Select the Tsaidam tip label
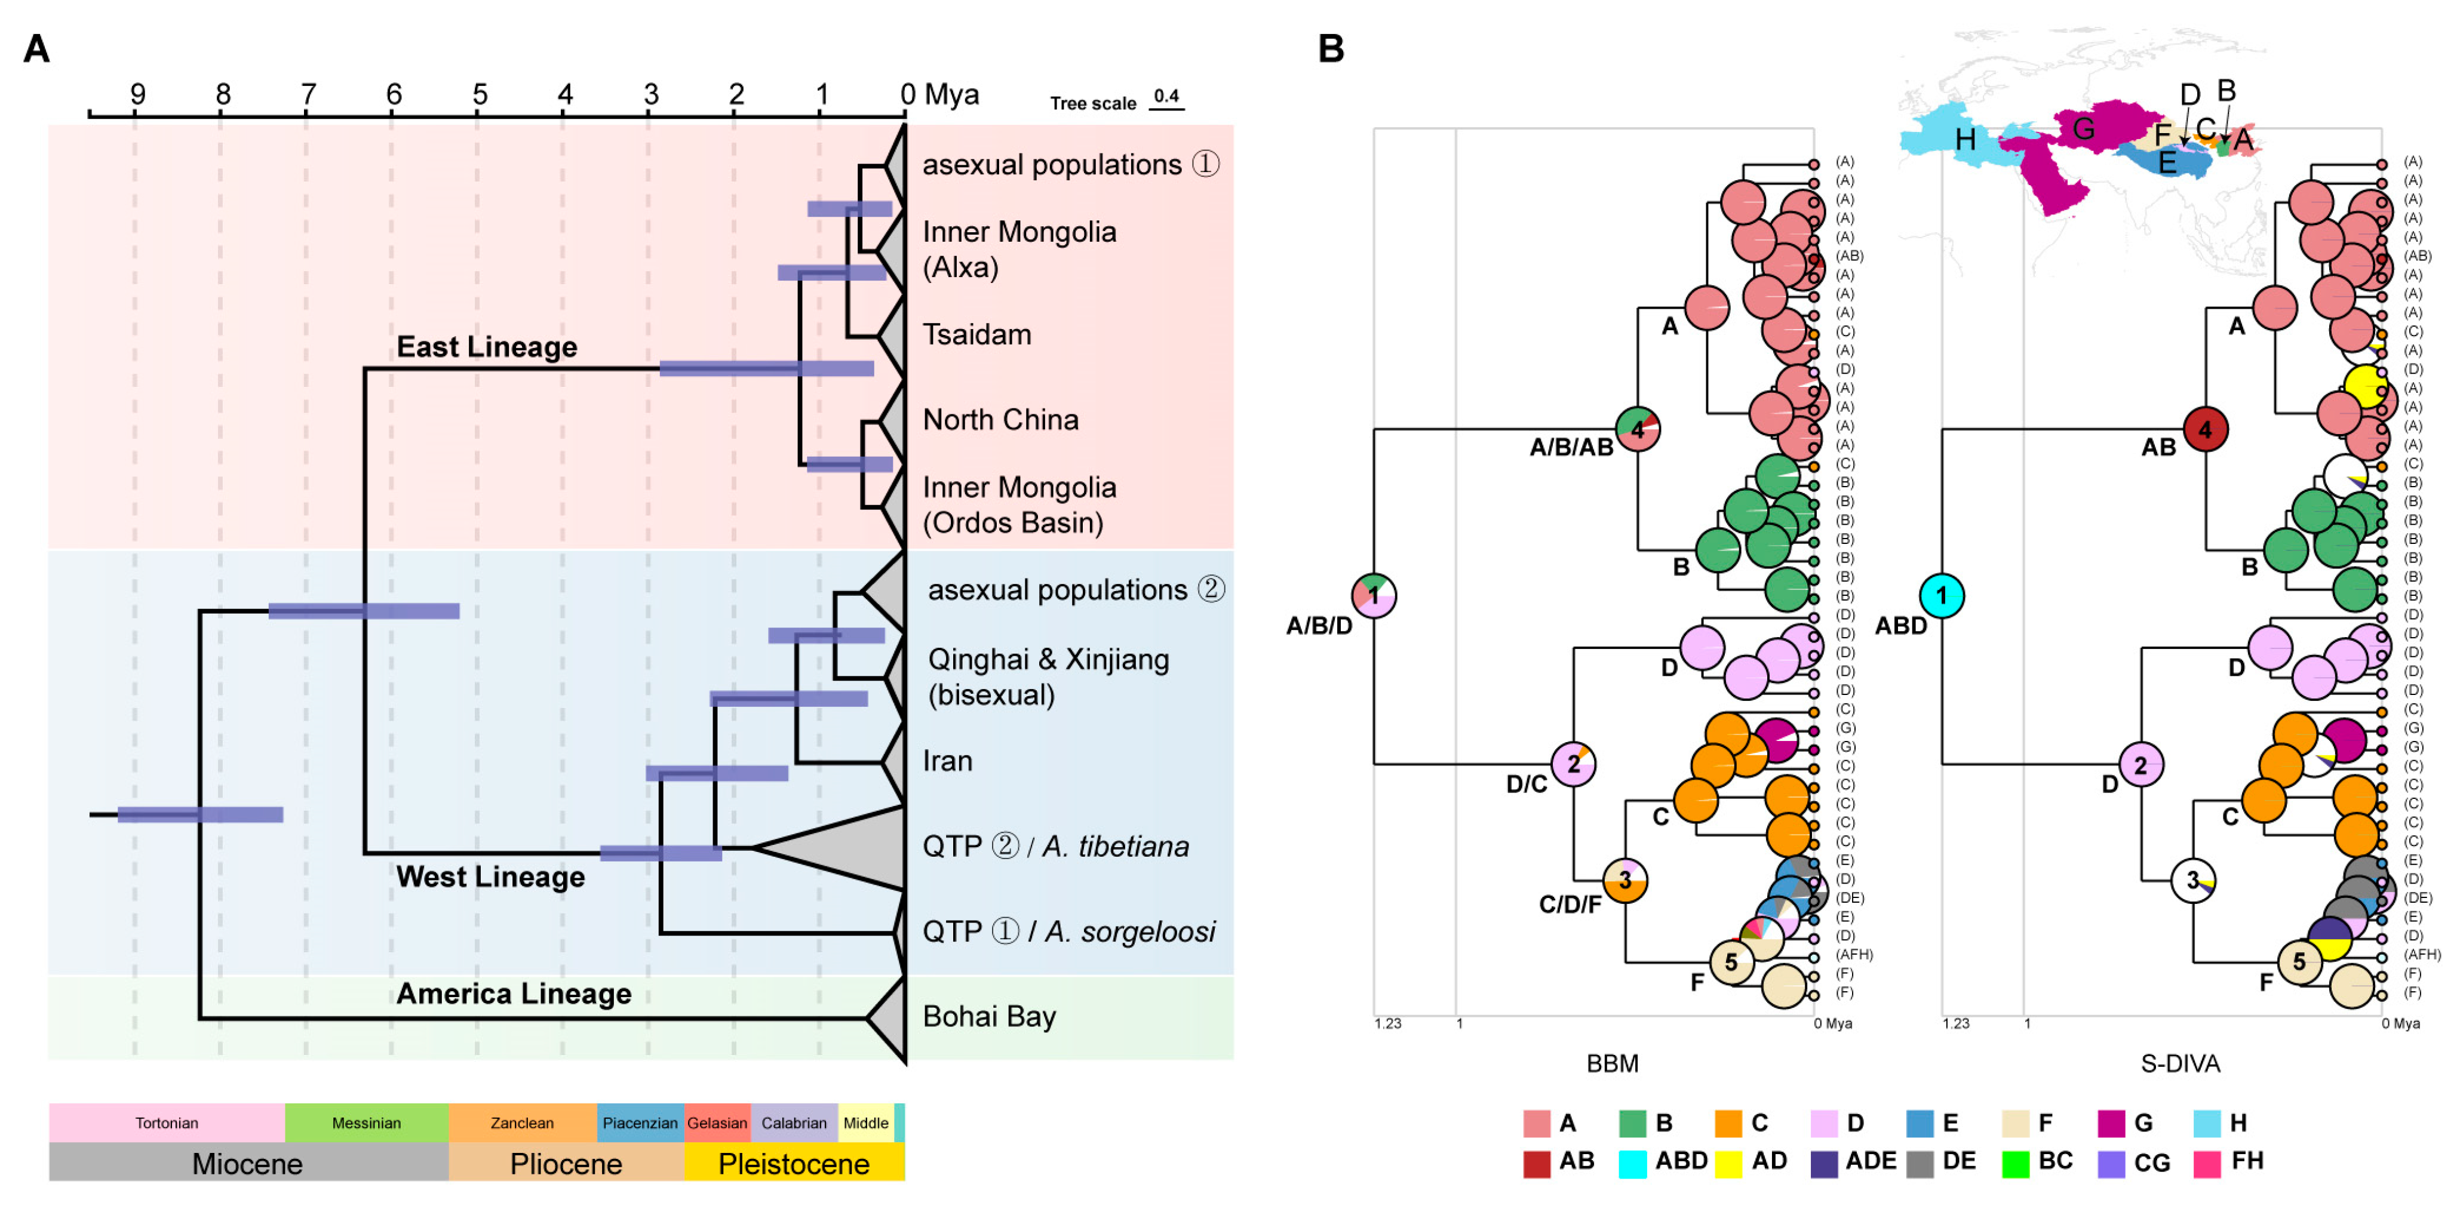(x=976, y=334)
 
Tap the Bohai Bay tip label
(x=988, y=1016)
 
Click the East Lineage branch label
(x=487, y=347)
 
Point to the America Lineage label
(x=514, y=994)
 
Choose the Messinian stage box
(x=366, y=1123)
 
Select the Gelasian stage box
(x=717, y=1123)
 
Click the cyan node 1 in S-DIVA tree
(x=1942, y=595)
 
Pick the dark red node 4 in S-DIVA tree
(x=2205, y=429)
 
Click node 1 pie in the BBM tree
(x=1374, y=595)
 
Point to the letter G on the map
(x=2083, y=128)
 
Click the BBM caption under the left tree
(x=1612, y=1063)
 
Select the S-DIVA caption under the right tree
(x=2179, y=1063)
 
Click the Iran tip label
(x=947, y=761)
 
